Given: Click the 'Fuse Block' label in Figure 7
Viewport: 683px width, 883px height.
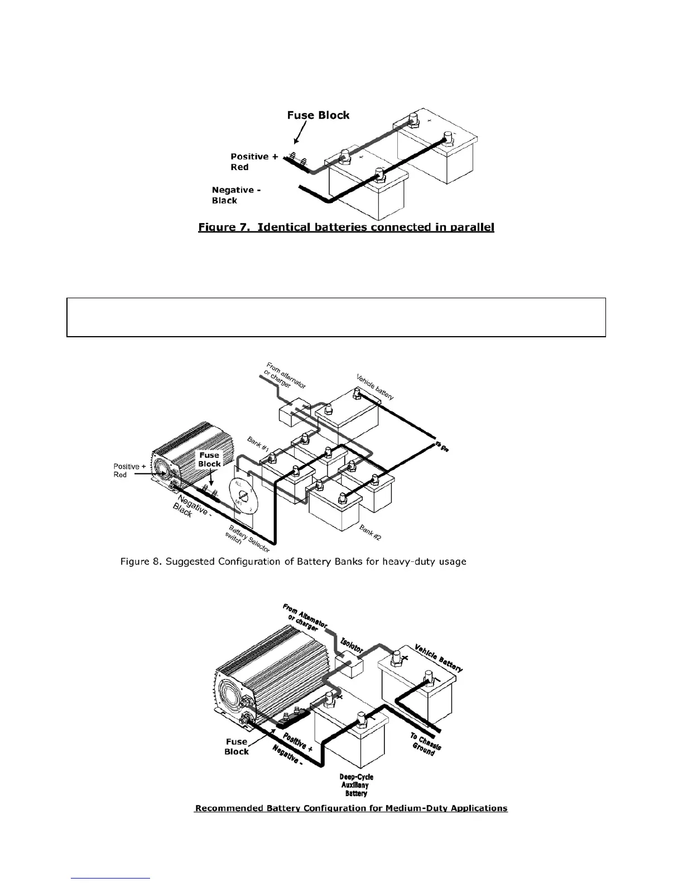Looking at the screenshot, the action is pos(318,115).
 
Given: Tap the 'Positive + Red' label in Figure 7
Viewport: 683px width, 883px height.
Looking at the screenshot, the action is pos(254,162).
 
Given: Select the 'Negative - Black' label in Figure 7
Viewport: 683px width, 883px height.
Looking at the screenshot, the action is pos(236,195).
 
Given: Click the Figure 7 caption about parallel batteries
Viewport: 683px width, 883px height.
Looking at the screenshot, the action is pos(346,227).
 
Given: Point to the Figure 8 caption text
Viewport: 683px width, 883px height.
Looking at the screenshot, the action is pos(293,561).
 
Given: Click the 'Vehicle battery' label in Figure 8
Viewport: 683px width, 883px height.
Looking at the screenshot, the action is pos(375,386).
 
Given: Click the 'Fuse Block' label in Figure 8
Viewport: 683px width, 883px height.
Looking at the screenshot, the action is pos(210,459).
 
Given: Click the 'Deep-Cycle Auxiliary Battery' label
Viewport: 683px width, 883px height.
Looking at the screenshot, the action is pos(356,785).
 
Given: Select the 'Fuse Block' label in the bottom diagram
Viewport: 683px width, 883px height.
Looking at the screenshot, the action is pos(237,746).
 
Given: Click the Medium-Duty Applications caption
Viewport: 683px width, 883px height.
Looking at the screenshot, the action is pos(350,808).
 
